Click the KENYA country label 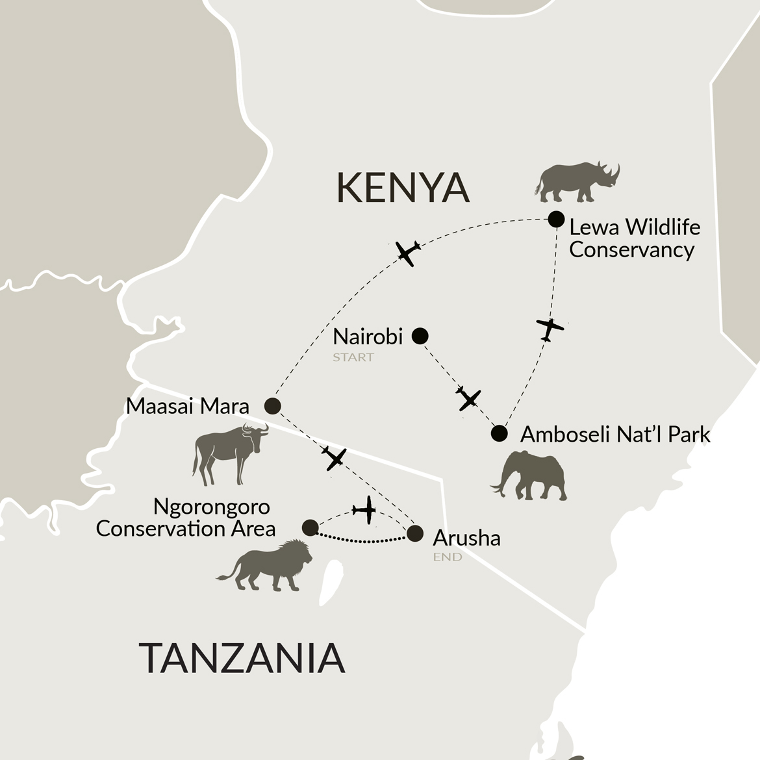pos(403,188)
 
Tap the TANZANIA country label pos(242,657)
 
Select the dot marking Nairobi pos(420,336)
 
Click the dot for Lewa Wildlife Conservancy pos(556,219)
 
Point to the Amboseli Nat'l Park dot pos(499,433)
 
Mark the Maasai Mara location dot pos(273,406)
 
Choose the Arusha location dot pos(415,534)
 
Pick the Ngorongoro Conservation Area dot pos(310,527)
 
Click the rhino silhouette pos(577,181)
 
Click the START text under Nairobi pos(353,357)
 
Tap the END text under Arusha pos(448,557)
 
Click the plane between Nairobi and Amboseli pos(468,398)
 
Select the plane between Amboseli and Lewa pos(550,329)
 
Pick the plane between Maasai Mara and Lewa pos(407,253)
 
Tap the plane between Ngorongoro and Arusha pos(365,510)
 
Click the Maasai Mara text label pos(188,407)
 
